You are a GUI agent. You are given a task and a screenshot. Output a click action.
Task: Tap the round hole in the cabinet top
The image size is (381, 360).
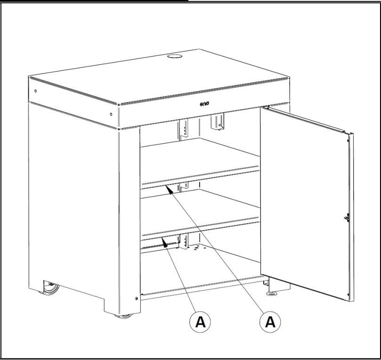coord(174,56)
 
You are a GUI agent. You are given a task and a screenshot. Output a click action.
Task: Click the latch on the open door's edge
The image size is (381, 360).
coord(346,217)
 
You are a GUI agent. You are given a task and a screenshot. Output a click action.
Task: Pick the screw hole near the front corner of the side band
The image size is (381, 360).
coord(110,113)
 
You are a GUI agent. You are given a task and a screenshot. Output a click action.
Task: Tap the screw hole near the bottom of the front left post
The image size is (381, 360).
coord(137,298)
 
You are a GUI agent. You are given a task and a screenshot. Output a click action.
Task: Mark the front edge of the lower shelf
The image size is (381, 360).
coord(201,229)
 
